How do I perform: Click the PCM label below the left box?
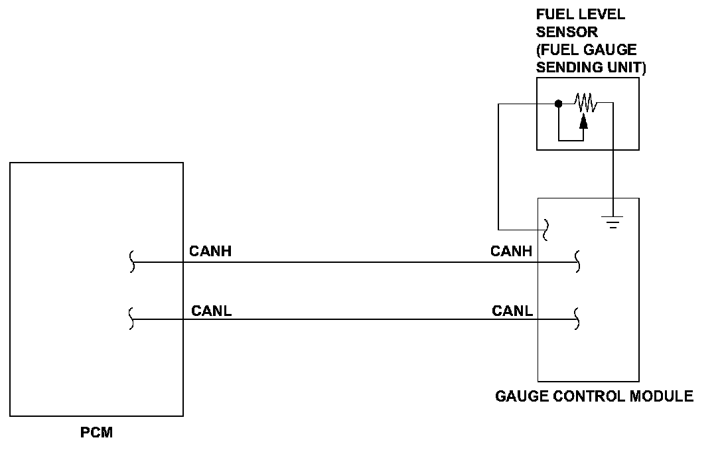coord(96,432)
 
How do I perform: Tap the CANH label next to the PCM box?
coord(210,251)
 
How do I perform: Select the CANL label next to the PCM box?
coord(211,311)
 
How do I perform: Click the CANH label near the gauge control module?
coord(511,251)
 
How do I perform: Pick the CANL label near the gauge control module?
coord(512,311)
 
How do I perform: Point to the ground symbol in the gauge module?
coord(613,222)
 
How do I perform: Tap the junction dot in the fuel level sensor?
coord(559,104)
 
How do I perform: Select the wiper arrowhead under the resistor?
coord(583,121)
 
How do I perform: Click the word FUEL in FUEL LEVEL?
coord(551,15)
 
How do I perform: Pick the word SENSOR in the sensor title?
coord(567,33)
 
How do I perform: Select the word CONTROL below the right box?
coord(589,396)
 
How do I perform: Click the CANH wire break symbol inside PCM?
coord(132,262)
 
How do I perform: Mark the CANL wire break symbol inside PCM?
coord(131,319)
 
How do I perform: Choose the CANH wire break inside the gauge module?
coord(577,262)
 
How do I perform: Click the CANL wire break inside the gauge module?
coord(577,319)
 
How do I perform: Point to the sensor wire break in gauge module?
coord(546,230)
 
